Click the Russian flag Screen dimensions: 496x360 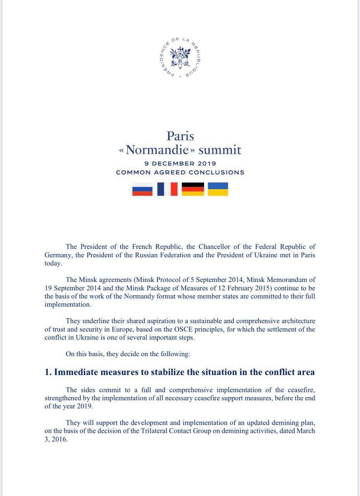[x=142, y=189]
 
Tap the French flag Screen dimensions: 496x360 [x=167, y=189]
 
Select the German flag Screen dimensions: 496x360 [x=193, y=189]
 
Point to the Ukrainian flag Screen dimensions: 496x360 [x=218, y=189]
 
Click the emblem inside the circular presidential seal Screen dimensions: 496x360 [x=180, y=57]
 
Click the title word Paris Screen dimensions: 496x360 [x=180, y=136]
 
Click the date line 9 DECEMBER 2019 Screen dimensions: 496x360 [x=180, y=164]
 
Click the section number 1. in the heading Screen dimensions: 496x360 [x=48, y=372]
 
